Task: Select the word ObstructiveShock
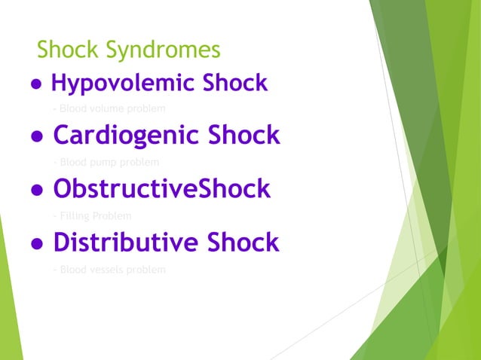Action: click(x=161, y=189)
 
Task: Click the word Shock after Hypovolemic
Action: click(x=233, y=83)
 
